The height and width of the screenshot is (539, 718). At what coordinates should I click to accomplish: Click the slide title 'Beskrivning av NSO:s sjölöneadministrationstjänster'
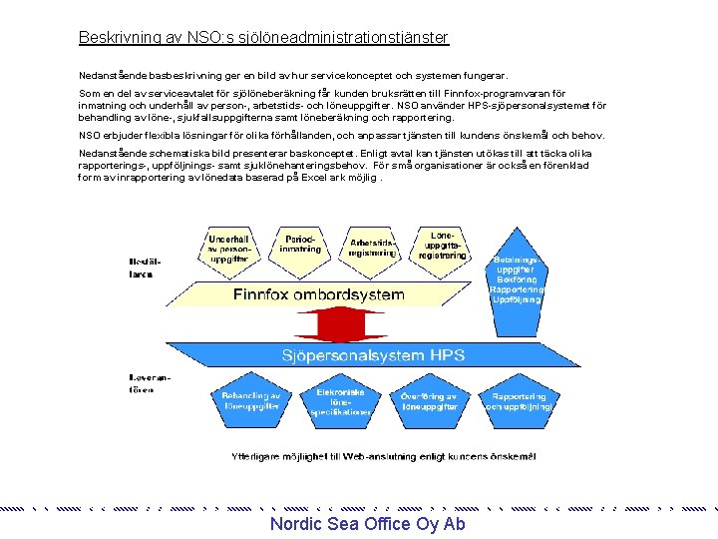pos(263,38)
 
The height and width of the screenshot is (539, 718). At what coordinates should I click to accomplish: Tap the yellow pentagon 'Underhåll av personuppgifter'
pos(228,248)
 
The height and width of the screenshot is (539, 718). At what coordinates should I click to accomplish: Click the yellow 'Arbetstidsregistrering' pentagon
pos(372,248)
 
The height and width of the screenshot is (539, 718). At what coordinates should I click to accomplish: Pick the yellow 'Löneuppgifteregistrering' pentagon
pos(442,246)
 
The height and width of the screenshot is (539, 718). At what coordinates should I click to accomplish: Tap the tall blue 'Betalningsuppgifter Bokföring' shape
pos(518,283)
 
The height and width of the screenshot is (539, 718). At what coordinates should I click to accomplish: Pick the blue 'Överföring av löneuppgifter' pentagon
pos(429,402)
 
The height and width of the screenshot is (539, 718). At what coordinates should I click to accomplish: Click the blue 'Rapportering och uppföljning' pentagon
pos(518,401)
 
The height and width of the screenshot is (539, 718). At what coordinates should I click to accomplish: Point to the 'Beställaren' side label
pos(142,268)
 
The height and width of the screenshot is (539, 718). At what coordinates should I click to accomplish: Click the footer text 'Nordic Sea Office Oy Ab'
pos(367,525)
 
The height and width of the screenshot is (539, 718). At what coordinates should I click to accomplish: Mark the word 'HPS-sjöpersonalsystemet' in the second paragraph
pos(519,105)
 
